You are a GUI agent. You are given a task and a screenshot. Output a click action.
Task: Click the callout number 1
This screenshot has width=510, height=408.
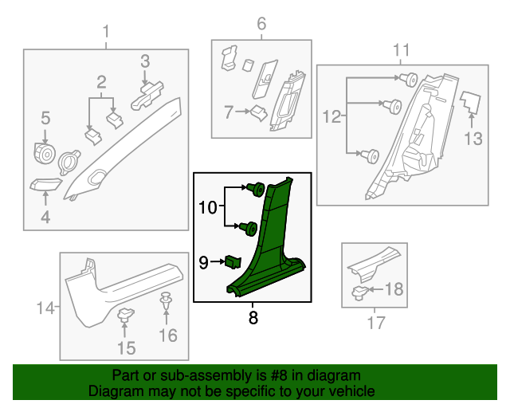106,32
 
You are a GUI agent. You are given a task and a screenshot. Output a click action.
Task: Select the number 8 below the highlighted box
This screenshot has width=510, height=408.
253,316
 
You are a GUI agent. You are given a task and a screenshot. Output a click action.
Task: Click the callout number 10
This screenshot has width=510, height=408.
207,208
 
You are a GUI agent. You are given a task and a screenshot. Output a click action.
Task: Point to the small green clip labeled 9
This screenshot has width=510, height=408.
233,261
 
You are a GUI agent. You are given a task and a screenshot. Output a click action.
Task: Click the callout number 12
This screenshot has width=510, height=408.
331,117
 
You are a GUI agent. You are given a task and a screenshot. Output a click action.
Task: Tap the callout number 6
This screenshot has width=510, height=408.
261,24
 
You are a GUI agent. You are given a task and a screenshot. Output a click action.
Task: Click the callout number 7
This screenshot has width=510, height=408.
229,113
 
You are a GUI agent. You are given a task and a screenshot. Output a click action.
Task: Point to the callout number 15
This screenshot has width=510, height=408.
126,347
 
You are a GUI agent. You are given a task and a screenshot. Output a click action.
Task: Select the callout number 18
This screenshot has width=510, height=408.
394,289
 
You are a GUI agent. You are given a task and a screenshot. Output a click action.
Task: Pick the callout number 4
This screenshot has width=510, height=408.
45,216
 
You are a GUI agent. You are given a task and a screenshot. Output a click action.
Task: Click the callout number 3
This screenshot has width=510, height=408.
145,61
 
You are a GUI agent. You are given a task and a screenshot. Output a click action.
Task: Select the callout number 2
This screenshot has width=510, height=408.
102,81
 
